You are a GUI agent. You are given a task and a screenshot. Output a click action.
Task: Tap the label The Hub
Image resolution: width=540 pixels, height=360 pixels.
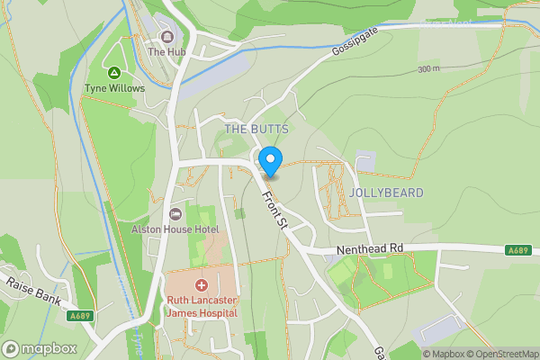pos(166,52)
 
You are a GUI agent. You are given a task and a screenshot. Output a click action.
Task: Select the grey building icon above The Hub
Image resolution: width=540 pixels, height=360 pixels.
pos(166,37)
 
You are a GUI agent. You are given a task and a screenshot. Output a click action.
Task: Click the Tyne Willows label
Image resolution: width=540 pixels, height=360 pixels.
pos(114,88)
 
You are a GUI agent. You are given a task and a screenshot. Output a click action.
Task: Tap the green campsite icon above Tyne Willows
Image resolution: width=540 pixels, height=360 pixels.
pos(114,72)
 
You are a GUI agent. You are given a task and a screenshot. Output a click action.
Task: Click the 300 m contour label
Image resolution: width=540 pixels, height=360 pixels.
pos(429,69)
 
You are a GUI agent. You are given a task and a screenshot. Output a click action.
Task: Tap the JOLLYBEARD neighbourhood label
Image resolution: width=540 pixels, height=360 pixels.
pos(388,193)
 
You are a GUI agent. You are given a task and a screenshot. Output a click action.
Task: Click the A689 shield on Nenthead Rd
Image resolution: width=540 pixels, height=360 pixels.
pos(517,250)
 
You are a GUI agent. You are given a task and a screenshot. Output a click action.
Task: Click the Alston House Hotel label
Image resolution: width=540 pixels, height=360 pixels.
pos(175,229)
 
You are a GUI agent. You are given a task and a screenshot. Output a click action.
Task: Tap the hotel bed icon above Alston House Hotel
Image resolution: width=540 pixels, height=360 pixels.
pos(175,213)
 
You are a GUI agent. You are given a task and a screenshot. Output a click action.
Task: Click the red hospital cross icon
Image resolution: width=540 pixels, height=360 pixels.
pos(201,284)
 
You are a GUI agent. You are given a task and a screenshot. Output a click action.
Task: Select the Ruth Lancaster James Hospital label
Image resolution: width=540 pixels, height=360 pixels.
pos(201,307)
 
